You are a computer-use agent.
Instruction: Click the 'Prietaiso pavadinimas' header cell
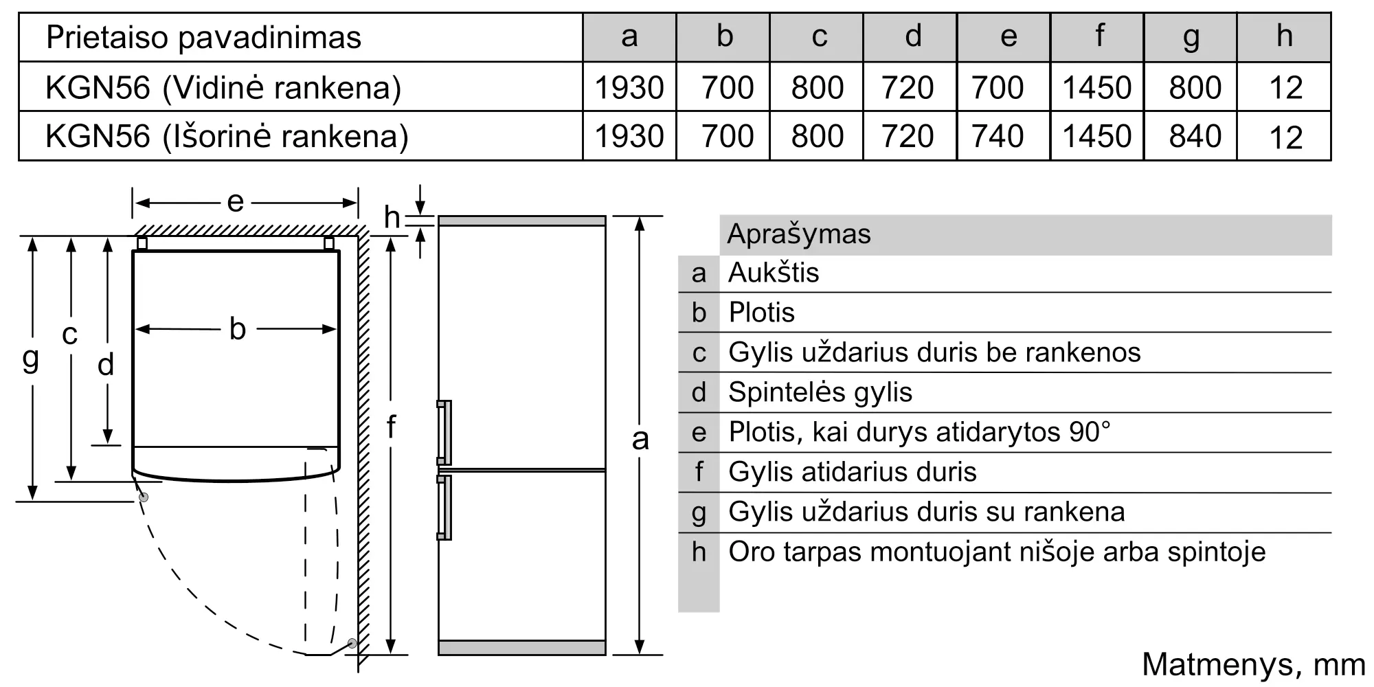tap(203, 37)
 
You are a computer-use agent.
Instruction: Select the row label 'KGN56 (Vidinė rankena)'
tap(223, 87)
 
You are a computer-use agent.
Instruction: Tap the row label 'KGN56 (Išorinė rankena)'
tap(227, 136)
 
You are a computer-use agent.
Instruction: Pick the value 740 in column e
tap(998, 136)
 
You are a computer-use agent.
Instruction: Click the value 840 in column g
tap(1195, 136)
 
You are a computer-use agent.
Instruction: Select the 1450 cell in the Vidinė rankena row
tap(1097, 87)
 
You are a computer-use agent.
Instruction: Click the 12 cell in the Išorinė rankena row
tap(1286, 137)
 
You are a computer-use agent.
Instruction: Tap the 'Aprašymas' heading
tap(799, 234)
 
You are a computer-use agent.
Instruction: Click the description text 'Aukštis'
tap(774, 273)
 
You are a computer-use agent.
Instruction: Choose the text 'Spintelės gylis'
tap(820, 392)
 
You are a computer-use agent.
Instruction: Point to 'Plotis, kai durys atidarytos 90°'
tap(919, 432)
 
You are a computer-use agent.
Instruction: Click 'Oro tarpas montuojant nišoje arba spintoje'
tap(997, 552)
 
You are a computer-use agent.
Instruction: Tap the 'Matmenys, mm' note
tap(1253, 664)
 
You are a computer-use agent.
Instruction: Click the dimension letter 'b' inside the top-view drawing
tap(238, 329)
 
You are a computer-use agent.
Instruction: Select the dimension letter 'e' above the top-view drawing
tap(235, 202)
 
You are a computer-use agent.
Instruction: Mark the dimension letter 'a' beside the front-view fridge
tap(640, 438)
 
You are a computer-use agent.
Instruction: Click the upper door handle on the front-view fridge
tap(444, 433)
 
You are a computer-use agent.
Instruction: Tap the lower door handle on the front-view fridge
tap(444, 507)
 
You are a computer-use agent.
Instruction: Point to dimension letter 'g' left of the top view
tap(30, 358)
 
